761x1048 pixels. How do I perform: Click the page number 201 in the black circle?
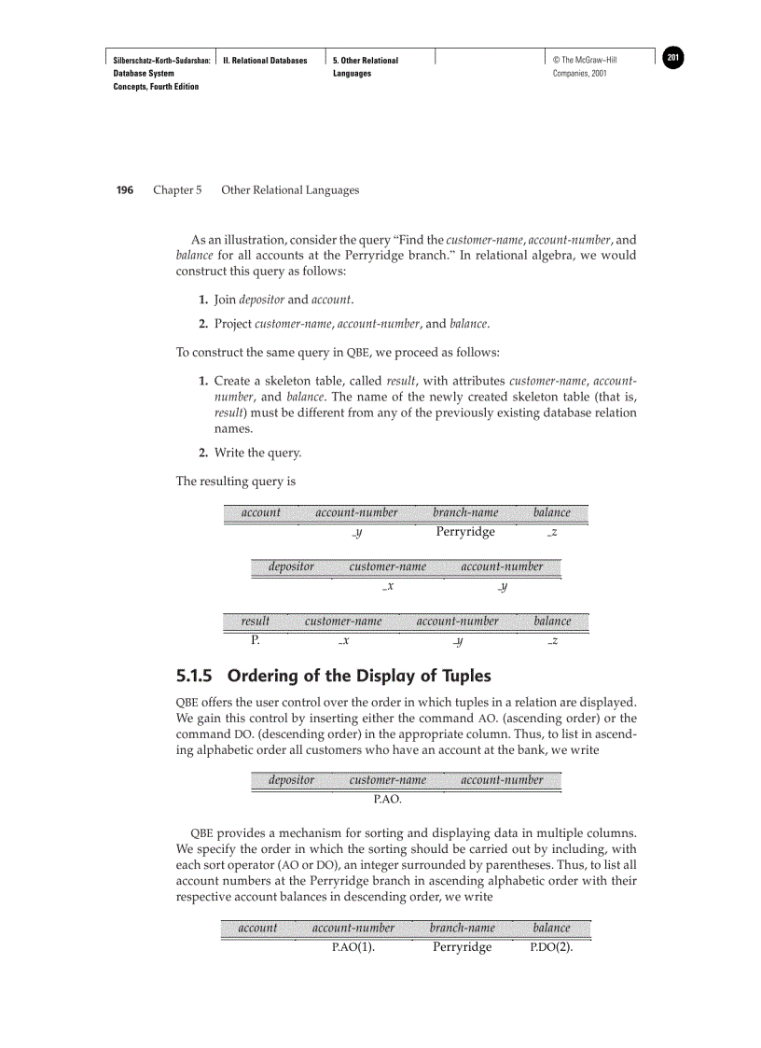click(x=673, y=59)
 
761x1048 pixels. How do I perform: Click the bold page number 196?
click(x=124, y=190)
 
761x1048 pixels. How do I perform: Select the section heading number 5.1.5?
click(x=196, y=676)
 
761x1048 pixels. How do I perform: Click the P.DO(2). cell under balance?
click(x=551, y=947)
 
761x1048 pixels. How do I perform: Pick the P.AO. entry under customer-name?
click(x=388, y=800)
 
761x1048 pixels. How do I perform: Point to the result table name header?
click(x=255, y=621)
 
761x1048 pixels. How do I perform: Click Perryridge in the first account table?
click(x=465, y=532)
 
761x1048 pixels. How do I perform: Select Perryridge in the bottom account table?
click(x=462, y=947)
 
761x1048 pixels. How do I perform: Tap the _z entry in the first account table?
click(x=552, y=533)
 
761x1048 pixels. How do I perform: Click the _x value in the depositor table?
click(x=387, y=586)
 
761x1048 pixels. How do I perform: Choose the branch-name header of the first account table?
click(x=465, y=512)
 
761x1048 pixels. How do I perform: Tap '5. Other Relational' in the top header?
click(x=365, y=61)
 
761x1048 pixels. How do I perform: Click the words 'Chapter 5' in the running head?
click(x=177, y=190)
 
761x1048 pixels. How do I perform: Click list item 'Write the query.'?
click(x=257, y=454)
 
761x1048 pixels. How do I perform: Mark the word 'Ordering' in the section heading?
click(x=266, y=676)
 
